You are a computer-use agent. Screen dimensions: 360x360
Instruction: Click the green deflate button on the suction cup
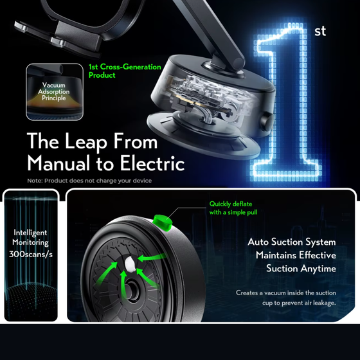[163, 222]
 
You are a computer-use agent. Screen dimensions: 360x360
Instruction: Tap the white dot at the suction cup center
[130, 264]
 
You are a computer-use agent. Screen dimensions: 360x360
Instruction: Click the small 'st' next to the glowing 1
[320, 31]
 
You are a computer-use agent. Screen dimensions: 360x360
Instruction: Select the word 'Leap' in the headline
[86, 142]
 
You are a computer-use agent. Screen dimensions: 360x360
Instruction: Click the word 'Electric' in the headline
[152, 163]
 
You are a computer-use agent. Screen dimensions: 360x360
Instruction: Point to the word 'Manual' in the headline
[59, 163]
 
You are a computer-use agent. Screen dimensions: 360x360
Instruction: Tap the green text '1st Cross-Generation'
[125, 67]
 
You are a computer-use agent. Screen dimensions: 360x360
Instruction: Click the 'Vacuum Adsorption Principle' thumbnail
[55, 92]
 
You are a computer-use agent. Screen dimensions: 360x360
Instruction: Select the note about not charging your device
[89, 181]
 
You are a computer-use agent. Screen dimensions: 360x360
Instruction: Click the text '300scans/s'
[31, 254]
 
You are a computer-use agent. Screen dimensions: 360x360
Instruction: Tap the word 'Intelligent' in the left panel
[30, 233]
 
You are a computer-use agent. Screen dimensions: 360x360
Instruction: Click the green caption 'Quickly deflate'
[231, 204]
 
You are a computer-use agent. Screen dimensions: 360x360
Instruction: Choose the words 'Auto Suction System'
[292, 242]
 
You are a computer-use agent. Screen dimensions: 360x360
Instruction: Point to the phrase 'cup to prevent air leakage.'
[299, 303]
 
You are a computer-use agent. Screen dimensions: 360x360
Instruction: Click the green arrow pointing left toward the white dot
[152, 257]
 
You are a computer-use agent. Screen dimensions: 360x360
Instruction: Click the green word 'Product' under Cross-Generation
[102, 75]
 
